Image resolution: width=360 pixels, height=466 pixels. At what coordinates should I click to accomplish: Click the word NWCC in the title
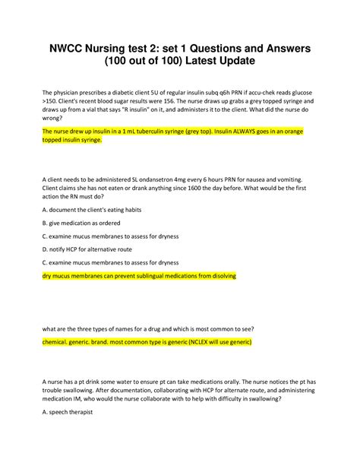click(71, 49)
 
